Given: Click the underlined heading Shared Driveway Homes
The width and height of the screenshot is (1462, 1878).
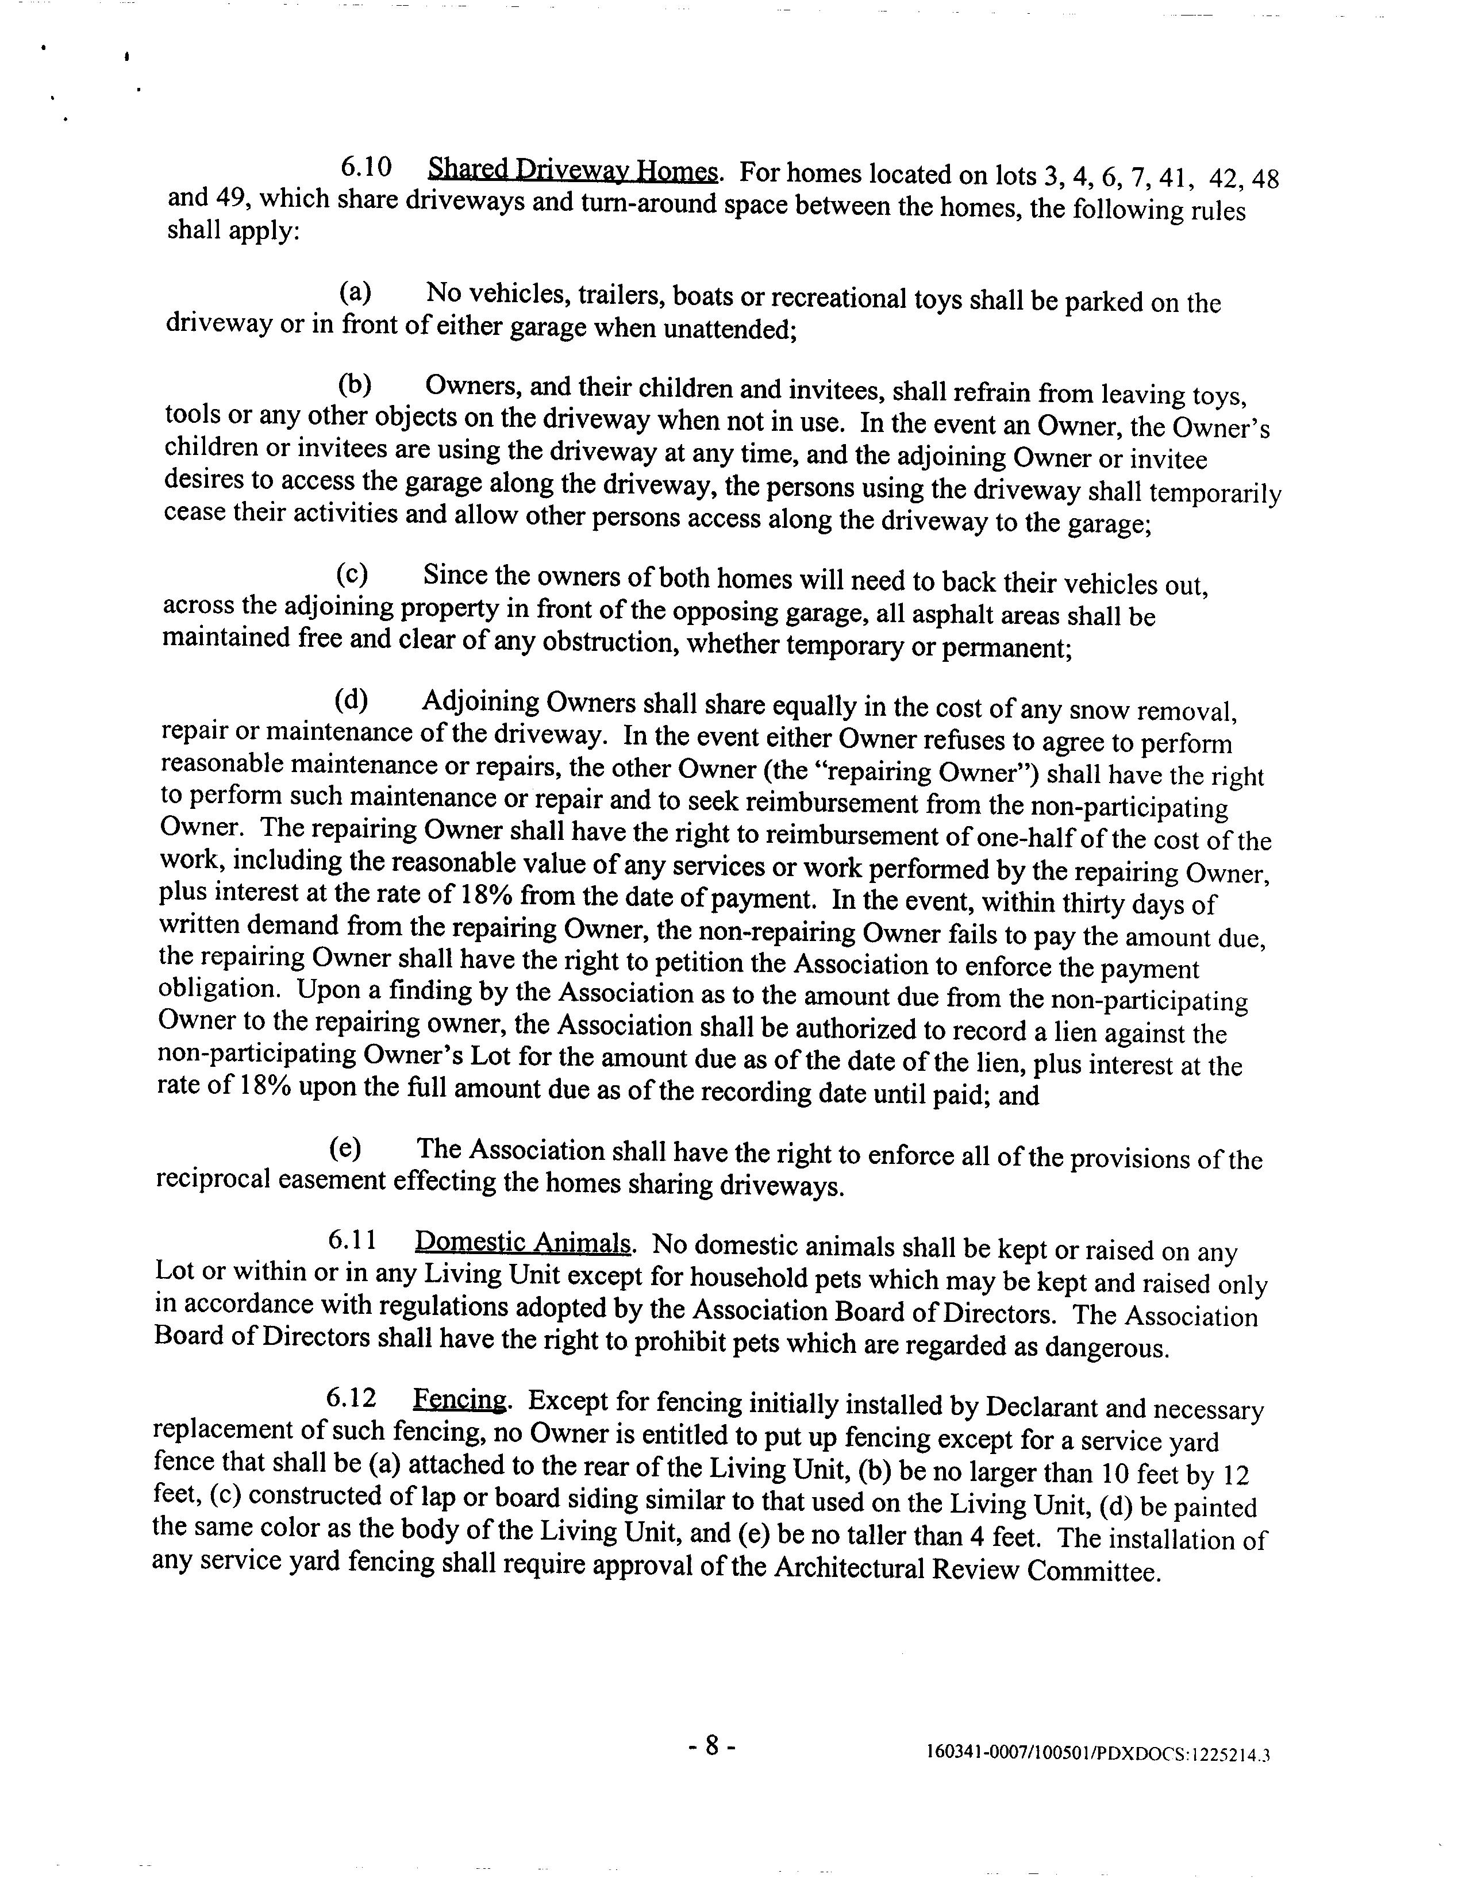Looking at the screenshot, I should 573,170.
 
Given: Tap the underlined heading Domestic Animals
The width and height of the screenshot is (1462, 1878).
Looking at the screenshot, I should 524,1243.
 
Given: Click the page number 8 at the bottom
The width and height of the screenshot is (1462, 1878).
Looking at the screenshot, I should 712,1745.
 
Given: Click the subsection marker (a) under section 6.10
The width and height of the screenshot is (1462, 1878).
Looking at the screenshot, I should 355,292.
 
